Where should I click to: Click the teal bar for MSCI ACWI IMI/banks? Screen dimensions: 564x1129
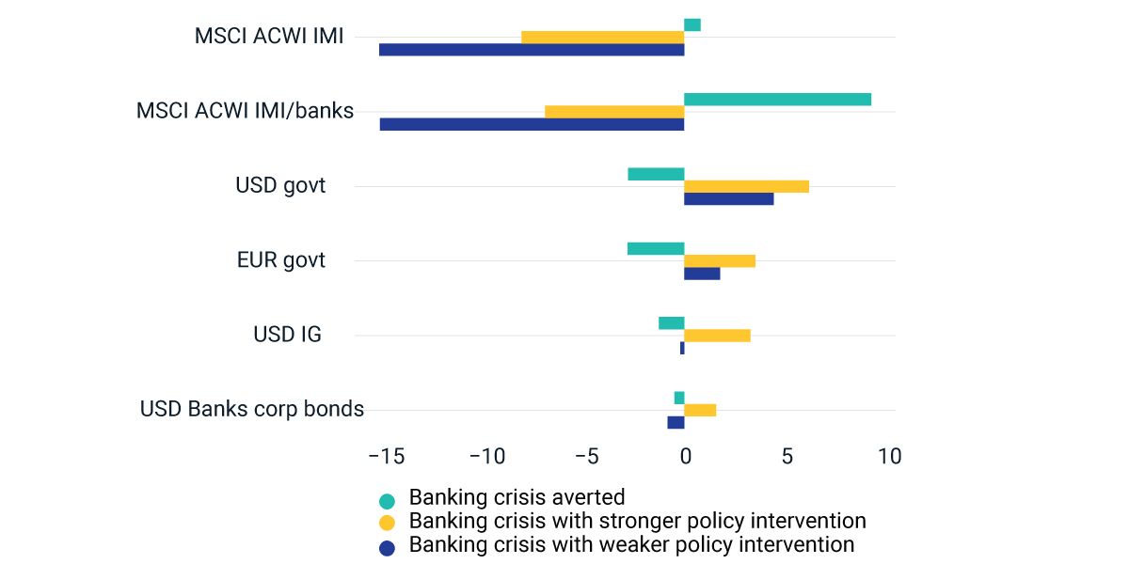(x=777, y=100)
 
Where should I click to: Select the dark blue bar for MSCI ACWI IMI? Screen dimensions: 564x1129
(x=532, y=50)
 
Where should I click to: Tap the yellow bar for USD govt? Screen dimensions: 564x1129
(x=746, y=186)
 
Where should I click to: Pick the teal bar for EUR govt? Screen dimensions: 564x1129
(x=656, y=249)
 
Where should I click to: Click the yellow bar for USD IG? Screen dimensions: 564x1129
(x=717, y=336)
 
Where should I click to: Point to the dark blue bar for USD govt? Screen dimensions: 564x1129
(x=729, y=198)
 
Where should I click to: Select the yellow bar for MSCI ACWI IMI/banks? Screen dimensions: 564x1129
(x=614, y=112)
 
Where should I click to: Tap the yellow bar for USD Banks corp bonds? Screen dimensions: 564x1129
(x=700, y=410)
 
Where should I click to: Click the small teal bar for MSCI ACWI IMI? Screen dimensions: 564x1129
(x=692, y=25)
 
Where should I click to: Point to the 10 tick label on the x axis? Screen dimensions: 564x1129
(x=888, y=457)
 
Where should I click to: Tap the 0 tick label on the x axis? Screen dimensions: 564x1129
(x=685, y=457)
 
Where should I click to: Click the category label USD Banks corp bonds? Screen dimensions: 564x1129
(x=252, y=409)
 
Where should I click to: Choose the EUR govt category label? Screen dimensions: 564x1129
(x=281, y=260)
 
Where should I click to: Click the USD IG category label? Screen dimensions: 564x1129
(x=288, y=335)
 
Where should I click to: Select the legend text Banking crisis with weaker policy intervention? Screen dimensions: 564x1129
(x=631, y=545)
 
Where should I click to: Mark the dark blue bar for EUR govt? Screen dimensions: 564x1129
(x=702, y=274)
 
